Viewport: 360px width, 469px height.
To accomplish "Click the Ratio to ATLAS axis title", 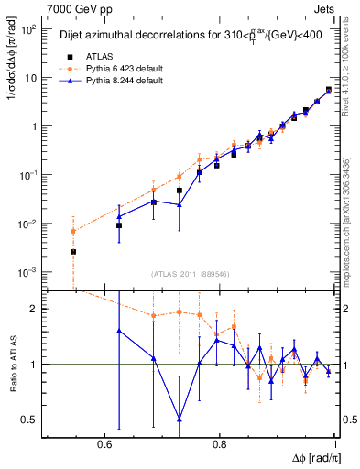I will click(13, 365).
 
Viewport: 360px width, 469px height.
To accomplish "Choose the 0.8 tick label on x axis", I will click(220, 444).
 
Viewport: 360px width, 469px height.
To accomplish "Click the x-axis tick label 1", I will click(335, 444).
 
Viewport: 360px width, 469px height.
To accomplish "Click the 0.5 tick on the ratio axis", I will click(29, 420).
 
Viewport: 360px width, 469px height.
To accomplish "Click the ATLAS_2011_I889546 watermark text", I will click(189, 274).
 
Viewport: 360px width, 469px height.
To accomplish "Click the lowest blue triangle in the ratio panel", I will click(180, 419).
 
